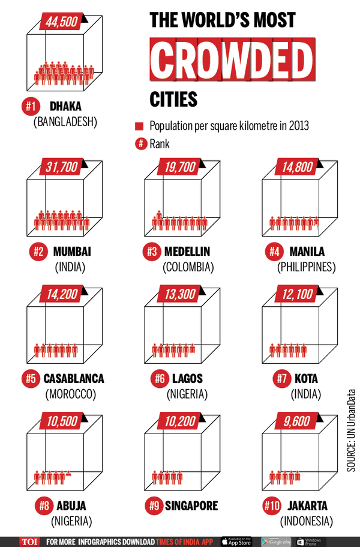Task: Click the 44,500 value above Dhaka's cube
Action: [x=60, y=22]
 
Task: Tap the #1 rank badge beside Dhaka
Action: [x=32, y=107]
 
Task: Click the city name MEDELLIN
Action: [x=187, y=252]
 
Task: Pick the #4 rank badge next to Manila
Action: [x=274, y=252]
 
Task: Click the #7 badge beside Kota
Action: [x=274, y=379]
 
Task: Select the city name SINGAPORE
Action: [x=191, y=506]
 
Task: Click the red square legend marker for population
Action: [x=139, y=127]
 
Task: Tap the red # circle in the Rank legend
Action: [x=139, y=144]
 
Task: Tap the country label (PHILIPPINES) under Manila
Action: [x=306, y=267]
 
